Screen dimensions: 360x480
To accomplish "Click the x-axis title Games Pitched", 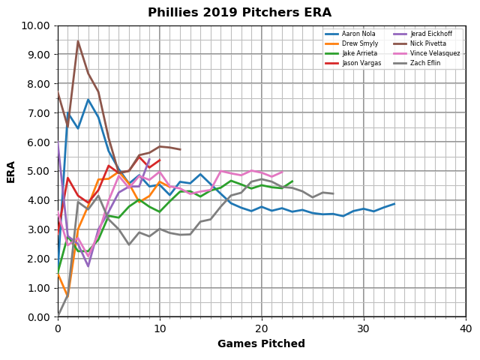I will (x=261, y=344).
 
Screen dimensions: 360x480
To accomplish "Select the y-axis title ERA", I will (x=12, y=171).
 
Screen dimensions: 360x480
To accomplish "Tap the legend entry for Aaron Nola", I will (x=356, y=34).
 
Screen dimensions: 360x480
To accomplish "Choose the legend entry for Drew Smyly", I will (x=357, y=43).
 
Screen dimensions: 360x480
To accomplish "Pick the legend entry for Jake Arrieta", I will (x=357, y=53).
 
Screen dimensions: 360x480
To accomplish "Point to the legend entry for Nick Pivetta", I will (x=424, y=43).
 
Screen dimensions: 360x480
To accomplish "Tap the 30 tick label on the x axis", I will (x=364, y=328).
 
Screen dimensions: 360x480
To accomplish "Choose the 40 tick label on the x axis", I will (x=465, y=328).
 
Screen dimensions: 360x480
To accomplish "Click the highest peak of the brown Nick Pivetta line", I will (x=78, y=41).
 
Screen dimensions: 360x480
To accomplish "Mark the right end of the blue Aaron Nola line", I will (x=394, y=204).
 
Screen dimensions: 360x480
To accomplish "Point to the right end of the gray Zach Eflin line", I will (x=333, y=193).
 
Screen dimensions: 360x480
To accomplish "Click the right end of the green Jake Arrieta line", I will (x=292, y=181).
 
